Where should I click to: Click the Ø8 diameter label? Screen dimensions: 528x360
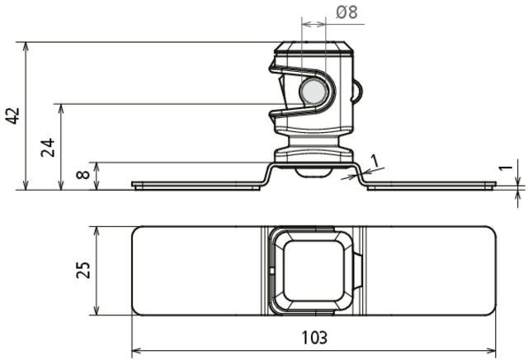coord(346,12)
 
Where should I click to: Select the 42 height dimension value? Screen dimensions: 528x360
coord(14,116)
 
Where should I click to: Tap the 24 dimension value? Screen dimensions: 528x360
coord(48,147)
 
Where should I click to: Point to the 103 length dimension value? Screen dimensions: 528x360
coord(313,337)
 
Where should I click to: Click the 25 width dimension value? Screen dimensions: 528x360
coord(83,270)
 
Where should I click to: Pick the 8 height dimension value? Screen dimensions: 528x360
coord(83,174)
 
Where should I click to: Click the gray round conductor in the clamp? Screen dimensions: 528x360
coord(313,92)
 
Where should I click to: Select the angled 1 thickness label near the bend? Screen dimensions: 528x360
coord(375,161)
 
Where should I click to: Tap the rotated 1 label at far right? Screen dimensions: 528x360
coord(506,168)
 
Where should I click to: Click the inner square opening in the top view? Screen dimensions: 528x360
coord(313,271)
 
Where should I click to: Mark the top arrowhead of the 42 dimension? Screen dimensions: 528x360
coord(26,46)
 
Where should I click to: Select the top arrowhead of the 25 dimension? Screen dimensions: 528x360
coord(97,231)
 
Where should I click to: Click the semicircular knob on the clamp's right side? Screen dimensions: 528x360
coord(357,92)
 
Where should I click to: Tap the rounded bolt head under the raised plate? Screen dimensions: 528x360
coord(313,173)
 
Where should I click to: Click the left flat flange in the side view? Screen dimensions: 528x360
coord(196,186)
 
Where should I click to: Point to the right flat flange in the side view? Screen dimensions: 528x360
coord(431,186)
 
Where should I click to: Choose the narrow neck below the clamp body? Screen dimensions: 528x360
coord(313,141)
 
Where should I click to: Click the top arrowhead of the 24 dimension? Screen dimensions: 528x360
coord(61,108)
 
